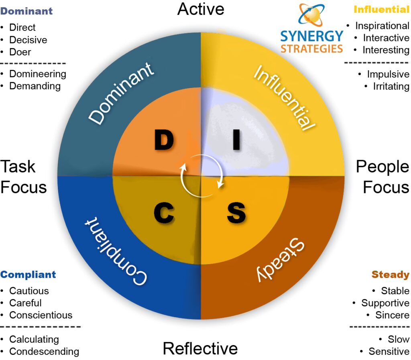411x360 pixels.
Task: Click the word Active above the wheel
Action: [x=201, y=9]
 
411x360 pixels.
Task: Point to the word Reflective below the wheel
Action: [x=200, y=348]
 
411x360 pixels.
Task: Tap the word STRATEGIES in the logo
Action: [x=311, y=49]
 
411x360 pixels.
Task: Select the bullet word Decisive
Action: [x=28, y=40]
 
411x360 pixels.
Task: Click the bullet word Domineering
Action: [x=38, y=74]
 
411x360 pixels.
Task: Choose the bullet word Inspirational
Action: [x=382, y=26]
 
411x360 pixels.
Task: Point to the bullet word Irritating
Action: [x=391, y=86]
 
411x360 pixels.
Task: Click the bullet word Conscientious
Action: [x=41, y=315]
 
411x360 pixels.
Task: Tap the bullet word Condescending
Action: [x=44, y=352]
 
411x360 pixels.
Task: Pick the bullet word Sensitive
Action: [x=389, y=352]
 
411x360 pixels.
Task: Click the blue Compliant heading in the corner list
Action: [x=28, y=275]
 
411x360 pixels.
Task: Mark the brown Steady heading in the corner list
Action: [x=390, y=275]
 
